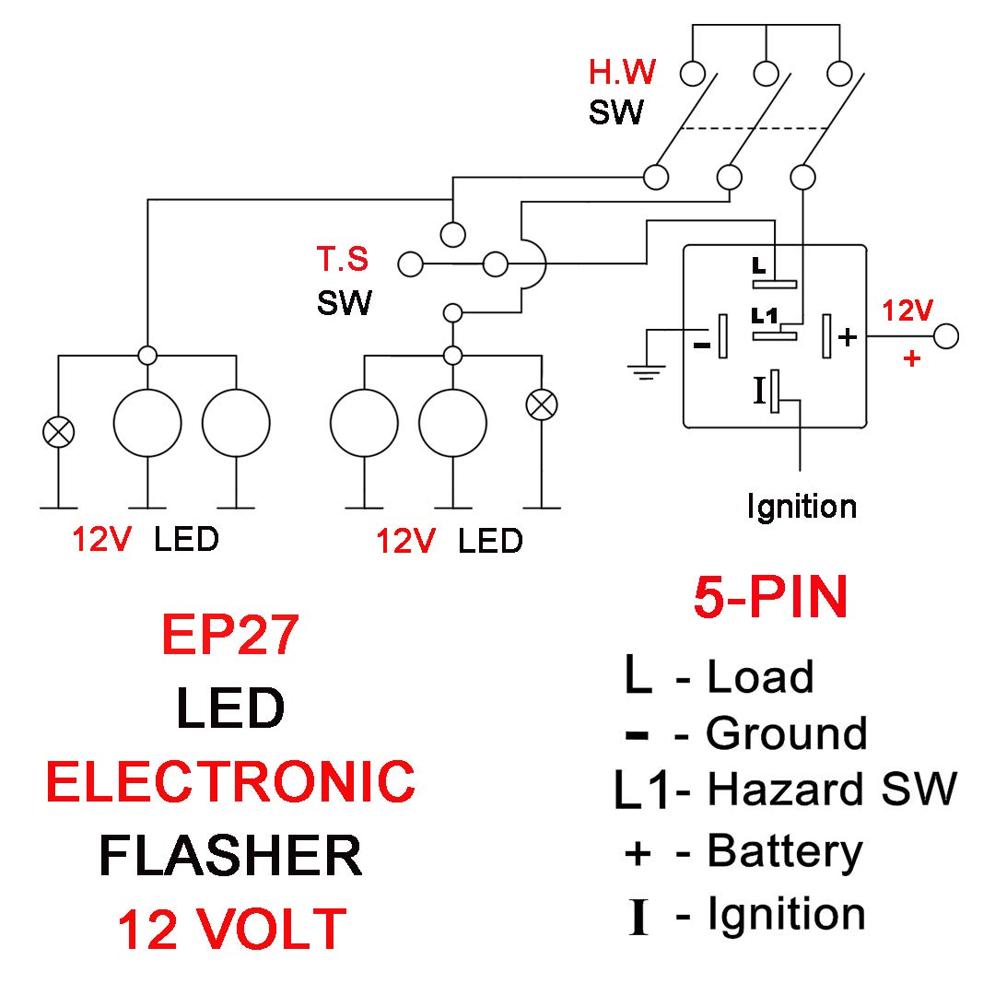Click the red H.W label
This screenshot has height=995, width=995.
(622, 72)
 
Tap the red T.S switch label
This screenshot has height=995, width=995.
(343, 261)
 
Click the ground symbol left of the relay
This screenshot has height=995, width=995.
(648, 370)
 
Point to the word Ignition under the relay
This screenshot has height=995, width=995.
(802, 506)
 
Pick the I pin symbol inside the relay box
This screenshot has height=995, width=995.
(760, 390)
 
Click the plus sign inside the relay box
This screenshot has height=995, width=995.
(848, 337)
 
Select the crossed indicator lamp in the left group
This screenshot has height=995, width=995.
(58, 430)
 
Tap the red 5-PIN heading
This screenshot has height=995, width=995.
(770, 599)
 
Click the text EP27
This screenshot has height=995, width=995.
(229, 635)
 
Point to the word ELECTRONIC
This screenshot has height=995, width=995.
(230, 781)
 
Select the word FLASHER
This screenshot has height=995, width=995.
(230, 855)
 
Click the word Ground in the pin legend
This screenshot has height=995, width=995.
(786, 734)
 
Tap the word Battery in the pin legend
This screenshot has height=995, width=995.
(784, 852)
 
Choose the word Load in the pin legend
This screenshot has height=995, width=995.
(760, 677)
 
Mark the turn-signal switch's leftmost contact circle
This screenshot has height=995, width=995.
(410, 265)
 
